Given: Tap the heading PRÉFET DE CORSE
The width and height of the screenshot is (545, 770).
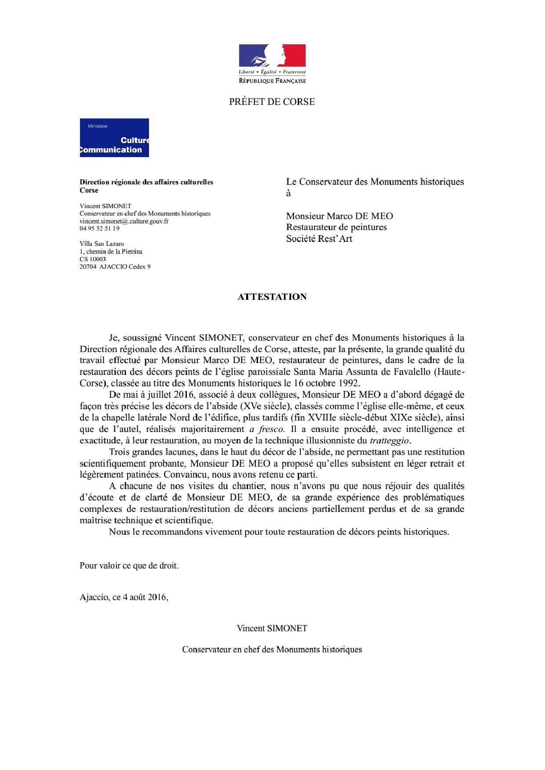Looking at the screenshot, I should (272, 102).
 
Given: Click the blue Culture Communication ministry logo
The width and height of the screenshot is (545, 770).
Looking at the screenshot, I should (114, 137).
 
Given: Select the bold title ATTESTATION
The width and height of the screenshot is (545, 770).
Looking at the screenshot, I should (272, 297).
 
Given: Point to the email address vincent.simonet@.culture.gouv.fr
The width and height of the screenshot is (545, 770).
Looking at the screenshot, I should (124, 221).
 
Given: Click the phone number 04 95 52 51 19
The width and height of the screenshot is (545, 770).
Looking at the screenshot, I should (99, 228).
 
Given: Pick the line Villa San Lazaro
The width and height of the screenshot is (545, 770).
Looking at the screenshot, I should (102, 244).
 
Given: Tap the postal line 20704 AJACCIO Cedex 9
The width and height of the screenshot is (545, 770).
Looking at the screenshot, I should (115, 266).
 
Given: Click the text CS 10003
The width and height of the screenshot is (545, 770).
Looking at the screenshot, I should (93, 259).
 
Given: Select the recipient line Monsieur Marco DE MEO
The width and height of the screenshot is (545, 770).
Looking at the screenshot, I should (339, 216).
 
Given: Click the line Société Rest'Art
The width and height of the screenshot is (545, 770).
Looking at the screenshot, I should (319, 239).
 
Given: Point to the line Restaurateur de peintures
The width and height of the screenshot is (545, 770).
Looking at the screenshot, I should (336, 227).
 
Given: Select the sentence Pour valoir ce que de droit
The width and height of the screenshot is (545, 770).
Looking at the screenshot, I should (129, 565).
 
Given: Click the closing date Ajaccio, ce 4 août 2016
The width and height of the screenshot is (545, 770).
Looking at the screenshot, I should (124, 597).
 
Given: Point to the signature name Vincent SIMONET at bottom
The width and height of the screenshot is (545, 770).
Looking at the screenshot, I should (272, 628).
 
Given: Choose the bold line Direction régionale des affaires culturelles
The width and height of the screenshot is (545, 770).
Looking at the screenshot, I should (146, 182).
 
